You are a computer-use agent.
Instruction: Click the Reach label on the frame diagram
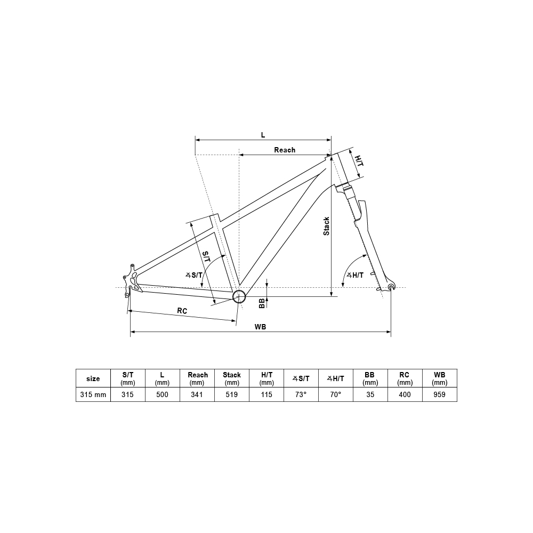[x=285, y=150]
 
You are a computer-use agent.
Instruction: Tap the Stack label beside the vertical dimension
[x=326, y=227]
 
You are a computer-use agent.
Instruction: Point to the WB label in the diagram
[x=261, y=327]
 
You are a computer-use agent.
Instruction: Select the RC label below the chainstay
[x=182, y=311]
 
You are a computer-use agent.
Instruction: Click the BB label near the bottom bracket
[x=262, y=303]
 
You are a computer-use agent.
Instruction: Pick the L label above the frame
[x=263, y=135]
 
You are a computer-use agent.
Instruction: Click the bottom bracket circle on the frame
[x=239, y=296]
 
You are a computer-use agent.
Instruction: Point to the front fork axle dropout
[x=391, y=287]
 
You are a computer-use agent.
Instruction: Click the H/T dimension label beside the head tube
[x=359, y=161]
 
